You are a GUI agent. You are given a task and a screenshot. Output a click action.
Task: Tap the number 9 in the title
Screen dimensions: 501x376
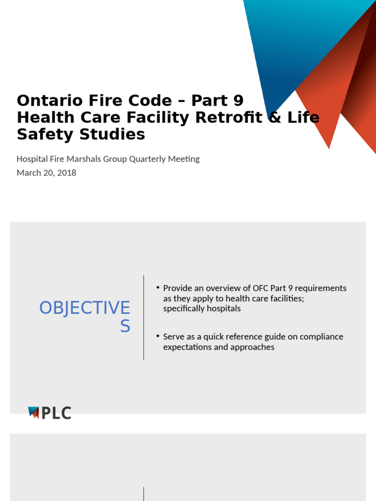point(237,101)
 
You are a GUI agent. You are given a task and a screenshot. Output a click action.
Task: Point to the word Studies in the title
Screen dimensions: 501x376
point(115,135)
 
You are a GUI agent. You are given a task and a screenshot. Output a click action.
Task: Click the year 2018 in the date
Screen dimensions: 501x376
point(67,173)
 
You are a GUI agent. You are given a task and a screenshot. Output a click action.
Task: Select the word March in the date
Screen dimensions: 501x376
point(28,173)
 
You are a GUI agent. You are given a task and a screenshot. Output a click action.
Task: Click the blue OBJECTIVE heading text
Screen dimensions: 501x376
point(85,308)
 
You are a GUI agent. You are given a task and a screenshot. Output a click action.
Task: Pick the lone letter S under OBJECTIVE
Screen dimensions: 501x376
point(125,326)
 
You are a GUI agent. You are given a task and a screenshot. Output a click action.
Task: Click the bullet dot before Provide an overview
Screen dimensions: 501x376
point(158,288)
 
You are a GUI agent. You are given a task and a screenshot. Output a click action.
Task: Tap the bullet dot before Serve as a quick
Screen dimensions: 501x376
point(158,336)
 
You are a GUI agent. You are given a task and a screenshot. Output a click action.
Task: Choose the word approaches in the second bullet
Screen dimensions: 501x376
point(252,347)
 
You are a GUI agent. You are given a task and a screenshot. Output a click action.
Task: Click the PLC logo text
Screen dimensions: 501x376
point(56,413)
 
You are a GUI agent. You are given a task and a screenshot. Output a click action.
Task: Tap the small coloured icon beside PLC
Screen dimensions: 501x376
point(33,413)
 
